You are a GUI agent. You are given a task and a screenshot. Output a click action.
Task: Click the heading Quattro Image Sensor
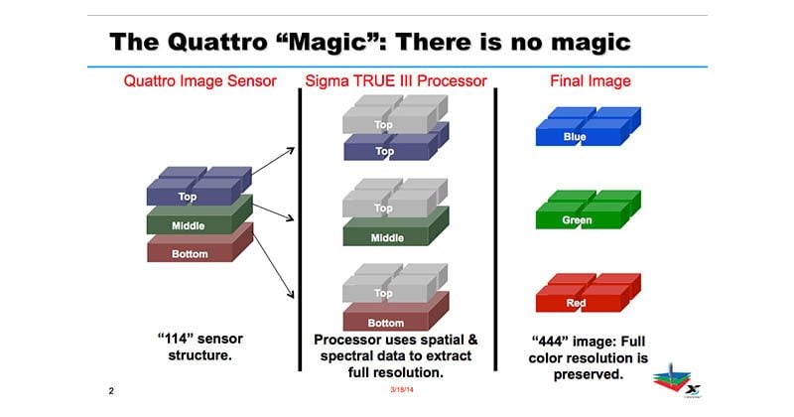[x=200, y=81]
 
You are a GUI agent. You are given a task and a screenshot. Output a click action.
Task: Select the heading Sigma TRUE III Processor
[x=395, y=81]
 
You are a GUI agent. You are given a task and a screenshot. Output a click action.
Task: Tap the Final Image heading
[x=591, y=81]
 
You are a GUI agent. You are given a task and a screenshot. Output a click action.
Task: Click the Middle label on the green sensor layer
[x=188, y=226]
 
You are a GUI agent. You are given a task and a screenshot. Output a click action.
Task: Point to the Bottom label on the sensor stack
[x=190, y=254]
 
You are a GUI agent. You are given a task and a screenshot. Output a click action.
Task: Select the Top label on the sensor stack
[x=187, y=197]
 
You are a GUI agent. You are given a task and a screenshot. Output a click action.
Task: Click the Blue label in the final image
[x=575, y=137]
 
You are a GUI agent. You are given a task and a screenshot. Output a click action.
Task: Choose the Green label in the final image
[x=577, y=219]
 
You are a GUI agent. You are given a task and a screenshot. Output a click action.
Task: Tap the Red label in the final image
[x=576, y=303]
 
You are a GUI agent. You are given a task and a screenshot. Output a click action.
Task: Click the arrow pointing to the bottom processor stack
[x=274, y=266]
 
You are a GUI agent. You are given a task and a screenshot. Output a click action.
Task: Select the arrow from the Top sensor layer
[x=274, y=161]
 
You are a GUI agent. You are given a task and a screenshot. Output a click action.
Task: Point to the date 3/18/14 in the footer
[x=402, y=389]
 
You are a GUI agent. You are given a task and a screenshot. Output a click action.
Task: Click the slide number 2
[x=111, y=390]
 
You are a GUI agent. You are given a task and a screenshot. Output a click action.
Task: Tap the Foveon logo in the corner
[x=677, y=380]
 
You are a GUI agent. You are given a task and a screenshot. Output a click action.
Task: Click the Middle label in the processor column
[x=387, y=237]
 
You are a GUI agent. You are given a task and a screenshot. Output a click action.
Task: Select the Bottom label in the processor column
[x=386, y=323]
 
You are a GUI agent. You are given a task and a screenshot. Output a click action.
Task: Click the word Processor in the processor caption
[x=342, y=340]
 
